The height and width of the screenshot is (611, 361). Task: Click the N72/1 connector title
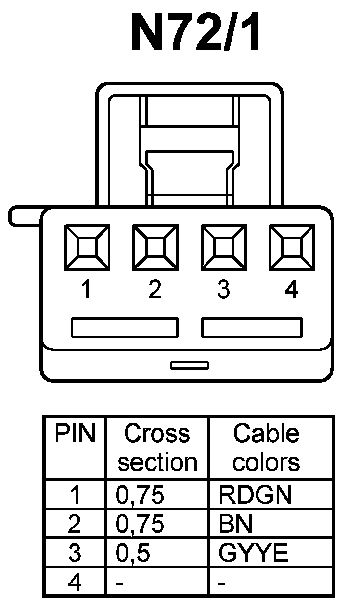[196, 33]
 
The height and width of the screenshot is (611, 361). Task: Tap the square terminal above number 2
[155, 247]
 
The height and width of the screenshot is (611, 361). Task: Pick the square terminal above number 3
[224, 247]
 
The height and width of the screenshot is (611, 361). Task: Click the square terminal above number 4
[292, 247]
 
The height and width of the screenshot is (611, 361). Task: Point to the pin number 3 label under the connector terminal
[223, 290]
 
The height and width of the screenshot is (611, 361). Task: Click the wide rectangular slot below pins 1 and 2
[125, 328]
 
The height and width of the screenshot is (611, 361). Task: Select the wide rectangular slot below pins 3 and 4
[252, 328]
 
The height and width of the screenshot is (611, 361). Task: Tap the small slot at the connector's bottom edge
[189, 365]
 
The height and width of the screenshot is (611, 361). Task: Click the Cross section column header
[157, 448]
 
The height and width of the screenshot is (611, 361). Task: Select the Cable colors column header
[266, 448]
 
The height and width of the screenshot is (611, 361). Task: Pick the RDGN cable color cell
[255, 496]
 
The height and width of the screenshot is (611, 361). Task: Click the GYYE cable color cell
[253, 554]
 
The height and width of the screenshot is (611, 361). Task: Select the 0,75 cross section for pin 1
[139, 496]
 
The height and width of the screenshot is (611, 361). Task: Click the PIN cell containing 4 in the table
[75, 583]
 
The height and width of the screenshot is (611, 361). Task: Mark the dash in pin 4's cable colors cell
[222, 584]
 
